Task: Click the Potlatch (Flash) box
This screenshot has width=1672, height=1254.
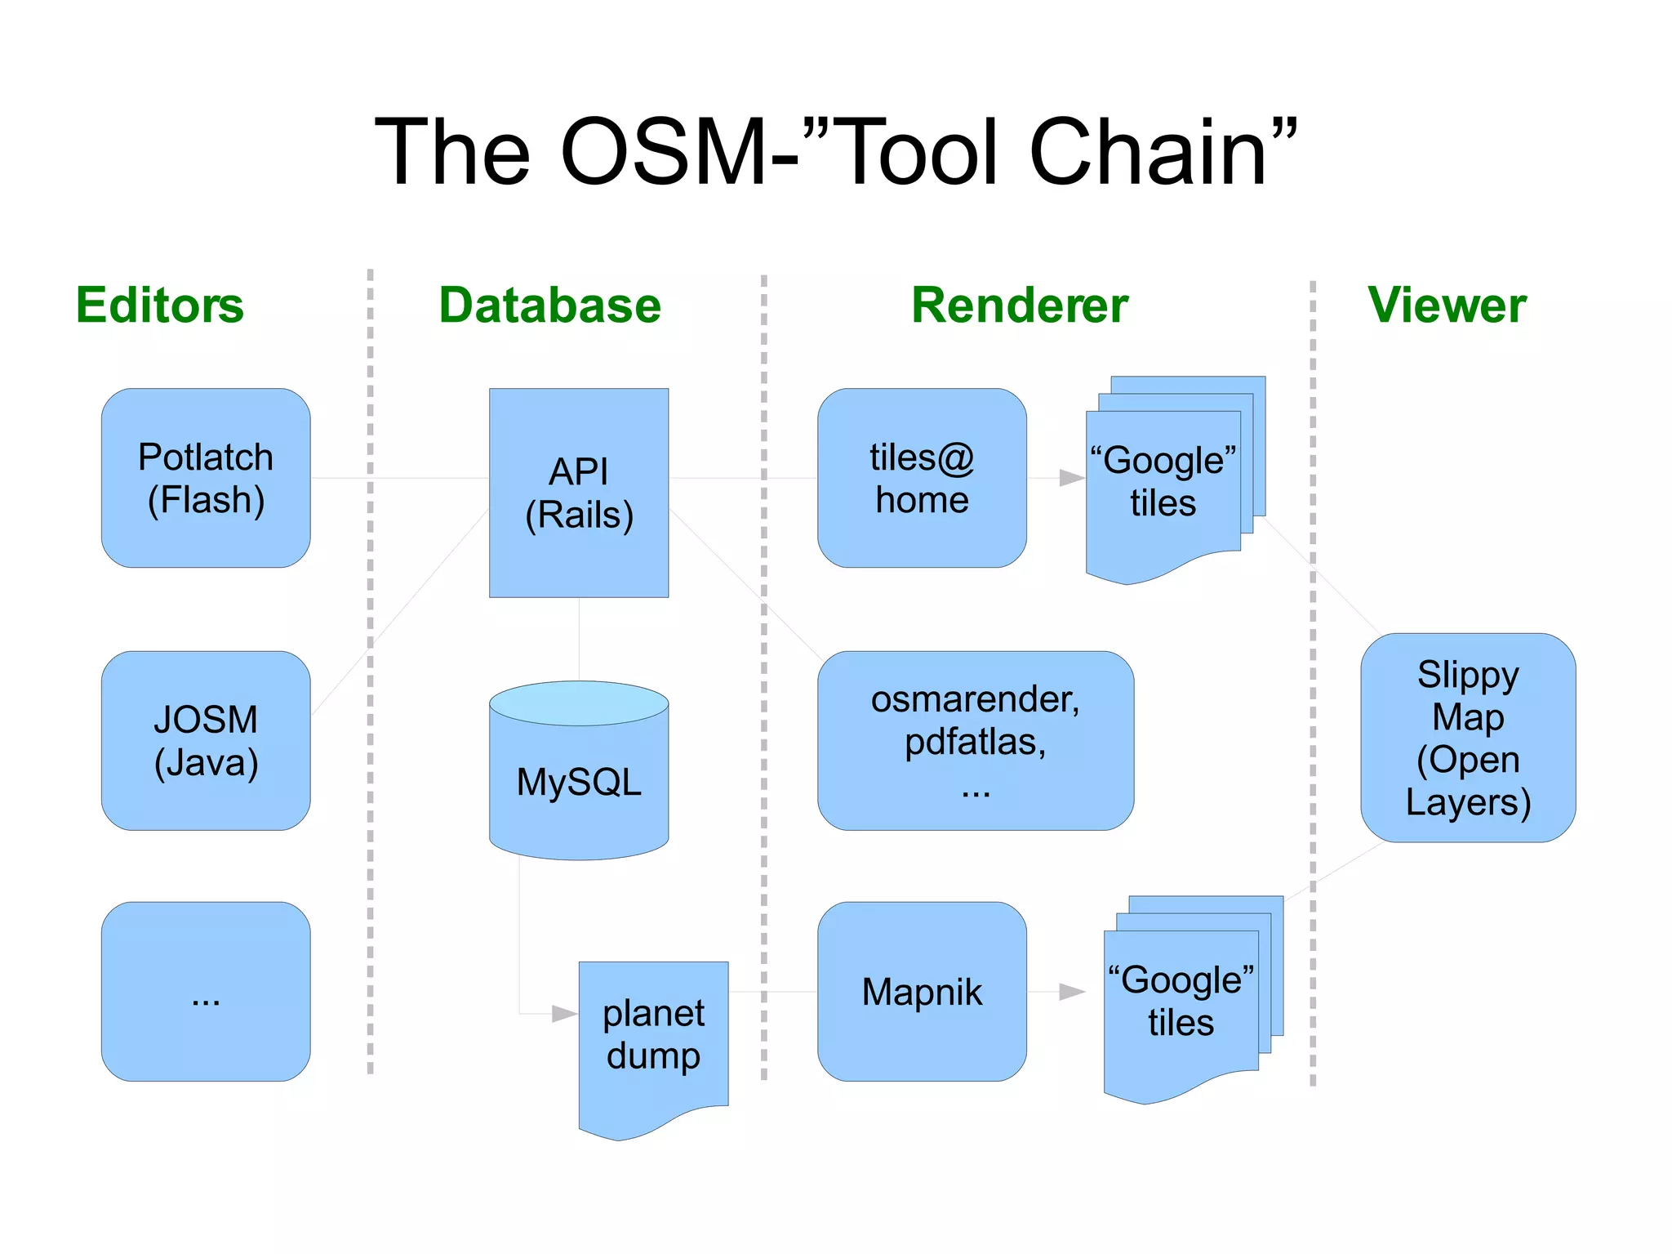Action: click(206, 478)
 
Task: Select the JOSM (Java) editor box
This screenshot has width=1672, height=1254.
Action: click(206, 740)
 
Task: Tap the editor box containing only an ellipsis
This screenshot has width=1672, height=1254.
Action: click(206, 991)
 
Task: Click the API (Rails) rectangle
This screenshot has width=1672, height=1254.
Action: click(579, 493)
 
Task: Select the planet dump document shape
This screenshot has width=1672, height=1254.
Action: click(653, 1038)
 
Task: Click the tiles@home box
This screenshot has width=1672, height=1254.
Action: click(922, 478)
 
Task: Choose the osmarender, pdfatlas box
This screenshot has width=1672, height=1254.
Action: click(976, 740)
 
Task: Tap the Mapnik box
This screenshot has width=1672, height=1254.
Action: click(922, 991)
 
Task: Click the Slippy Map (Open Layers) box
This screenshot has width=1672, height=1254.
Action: click(1467, 737)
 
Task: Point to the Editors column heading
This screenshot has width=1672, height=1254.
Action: click(160, 306)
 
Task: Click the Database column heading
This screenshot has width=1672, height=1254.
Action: click(549, 306)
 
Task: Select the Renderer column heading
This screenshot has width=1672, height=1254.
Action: click(1019, 306)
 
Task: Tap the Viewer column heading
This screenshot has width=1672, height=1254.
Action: click(1446, 306)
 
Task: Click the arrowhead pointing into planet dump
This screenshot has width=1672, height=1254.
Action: click(564, 1014)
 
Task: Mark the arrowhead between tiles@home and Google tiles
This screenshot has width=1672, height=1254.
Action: click(1071, 478)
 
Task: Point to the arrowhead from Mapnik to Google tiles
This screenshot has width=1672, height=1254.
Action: click(1071, 992)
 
